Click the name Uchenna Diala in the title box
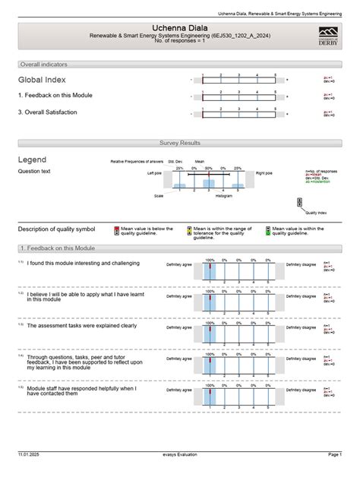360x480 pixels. coord(179,27)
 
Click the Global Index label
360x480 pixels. coord(42,80)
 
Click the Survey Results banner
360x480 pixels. coord(179,143)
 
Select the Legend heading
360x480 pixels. coord(32,159)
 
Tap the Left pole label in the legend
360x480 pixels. coord(155,174)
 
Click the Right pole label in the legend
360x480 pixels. coord(264,174)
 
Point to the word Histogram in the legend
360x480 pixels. coord(223,196)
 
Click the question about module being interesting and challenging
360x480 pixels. coord(83,263)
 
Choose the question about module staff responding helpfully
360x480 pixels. coord(81,391)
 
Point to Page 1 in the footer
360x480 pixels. coord(334,474)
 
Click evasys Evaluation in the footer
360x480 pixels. coord(179,474)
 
